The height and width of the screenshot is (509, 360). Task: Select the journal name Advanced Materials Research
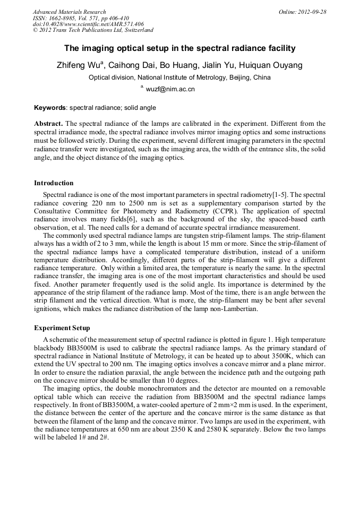pos(69,12)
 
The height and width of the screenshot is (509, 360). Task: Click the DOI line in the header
pos(88,24)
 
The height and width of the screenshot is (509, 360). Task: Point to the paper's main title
pos(179,48)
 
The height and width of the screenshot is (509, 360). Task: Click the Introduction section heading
pos(54,183)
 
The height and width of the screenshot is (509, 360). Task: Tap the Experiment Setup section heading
pos(62,328)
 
